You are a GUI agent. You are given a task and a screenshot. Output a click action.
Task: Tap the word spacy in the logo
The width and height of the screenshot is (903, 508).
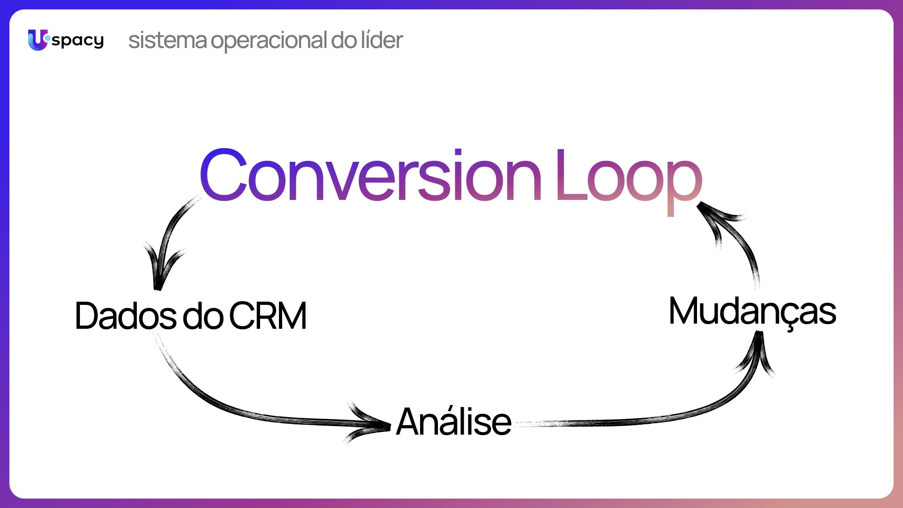pyautogui.click(x=78, y=41)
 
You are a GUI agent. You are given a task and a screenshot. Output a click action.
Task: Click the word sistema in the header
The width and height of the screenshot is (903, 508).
pyautogui.click(x=167, y=40)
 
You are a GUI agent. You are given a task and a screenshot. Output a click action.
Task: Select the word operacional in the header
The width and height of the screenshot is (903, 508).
pyautogui.click(x=269, y=41)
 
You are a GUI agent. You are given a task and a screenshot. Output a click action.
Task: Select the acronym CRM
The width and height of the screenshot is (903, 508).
pyautogui.click(x=268, y=316)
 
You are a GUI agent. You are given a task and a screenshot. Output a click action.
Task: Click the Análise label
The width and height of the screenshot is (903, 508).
pyautogui.click(x=454, y=421)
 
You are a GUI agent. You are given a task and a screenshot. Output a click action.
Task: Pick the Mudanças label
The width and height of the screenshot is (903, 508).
pyautogui.click(x=752, y=311)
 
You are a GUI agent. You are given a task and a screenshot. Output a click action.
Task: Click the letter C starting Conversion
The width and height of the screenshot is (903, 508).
pyautogui.click(x=224, y=175)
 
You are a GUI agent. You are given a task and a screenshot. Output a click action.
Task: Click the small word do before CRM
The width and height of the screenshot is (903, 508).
pyautogui.click(x=203, y=316)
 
